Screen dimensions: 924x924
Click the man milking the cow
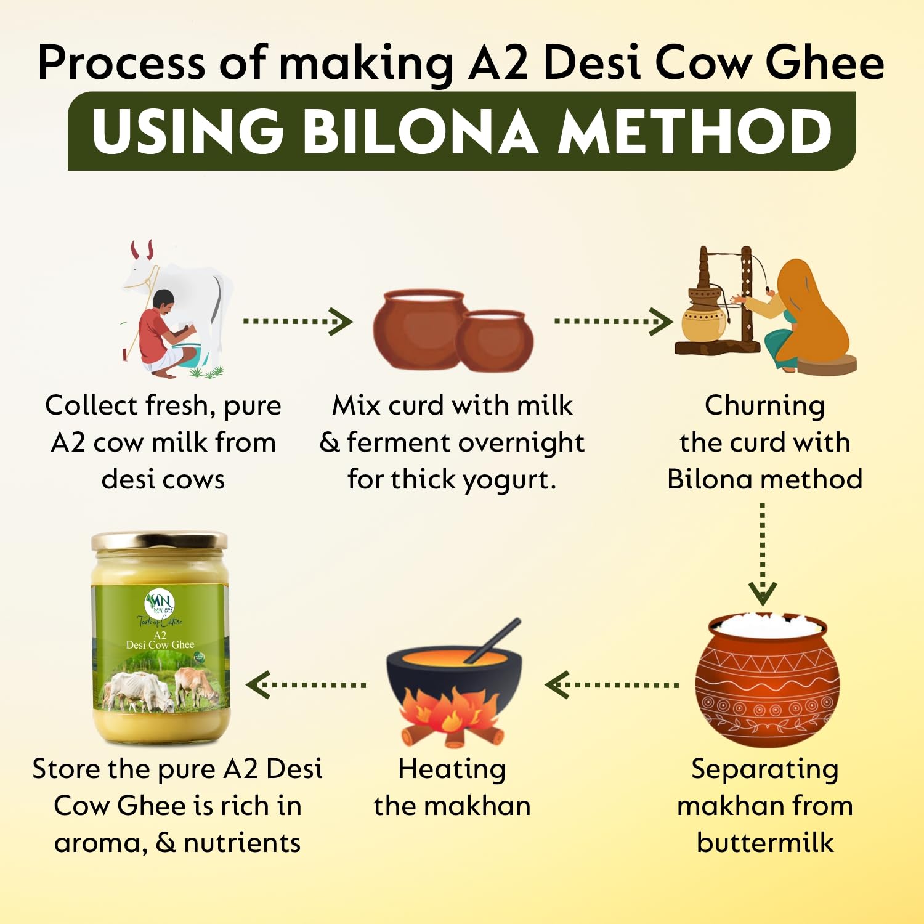tap(161, 333)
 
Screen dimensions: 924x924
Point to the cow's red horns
tap(142, 249)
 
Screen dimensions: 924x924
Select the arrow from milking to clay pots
tap(298, 321)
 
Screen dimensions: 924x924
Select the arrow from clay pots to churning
tap(613, 321)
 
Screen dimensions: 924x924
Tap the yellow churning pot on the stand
tap(703, 317)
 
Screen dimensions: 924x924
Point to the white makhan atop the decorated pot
tap(766, 625)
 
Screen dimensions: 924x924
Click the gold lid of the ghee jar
tap(160, 541)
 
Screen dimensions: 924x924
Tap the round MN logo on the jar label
tap(160, 603)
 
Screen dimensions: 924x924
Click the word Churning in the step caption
tap(764, 406)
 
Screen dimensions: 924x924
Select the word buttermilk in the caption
tap(764, 843)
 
